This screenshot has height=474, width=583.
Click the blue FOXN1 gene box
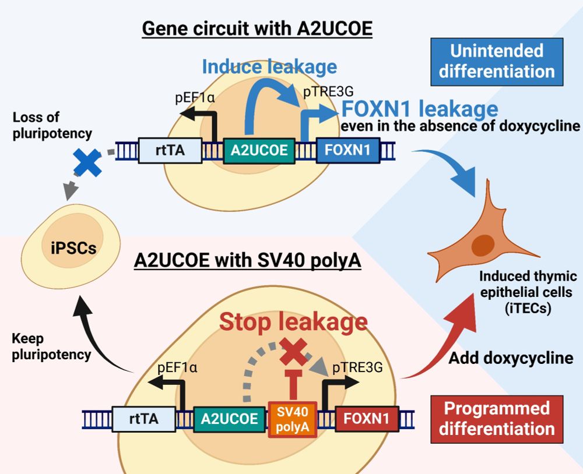pyautogui.click(x=347, y=150)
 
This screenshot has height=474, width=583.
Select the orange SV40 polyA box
pyautogui.click(x=292, y=419)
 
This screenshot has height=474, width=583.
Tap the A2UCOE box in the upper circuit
pyautogui.click(x=259, y=150)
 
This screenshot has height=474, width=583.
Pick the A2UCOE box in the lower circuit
pyautogui.click(x=229, y=418)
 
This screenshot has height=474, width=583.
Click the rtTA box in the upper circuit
pyautogui.click(x=170, y=150)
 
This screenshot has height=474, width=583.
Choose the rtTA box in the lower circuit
pyautogui.click(x=143, y=418)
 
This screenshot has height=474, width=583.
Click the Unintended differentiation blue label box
pyautogui.click(x=497, y=61)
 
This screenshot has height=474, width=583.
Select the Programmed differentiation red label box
pyautogui.click(x=497, y=418)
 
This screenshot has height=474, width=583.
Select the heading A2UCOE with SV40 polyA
pyautogui.click(x=248, y=260)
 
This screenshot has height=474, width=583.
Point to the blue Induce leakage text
pyautogui.click(x=269, y=66)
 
